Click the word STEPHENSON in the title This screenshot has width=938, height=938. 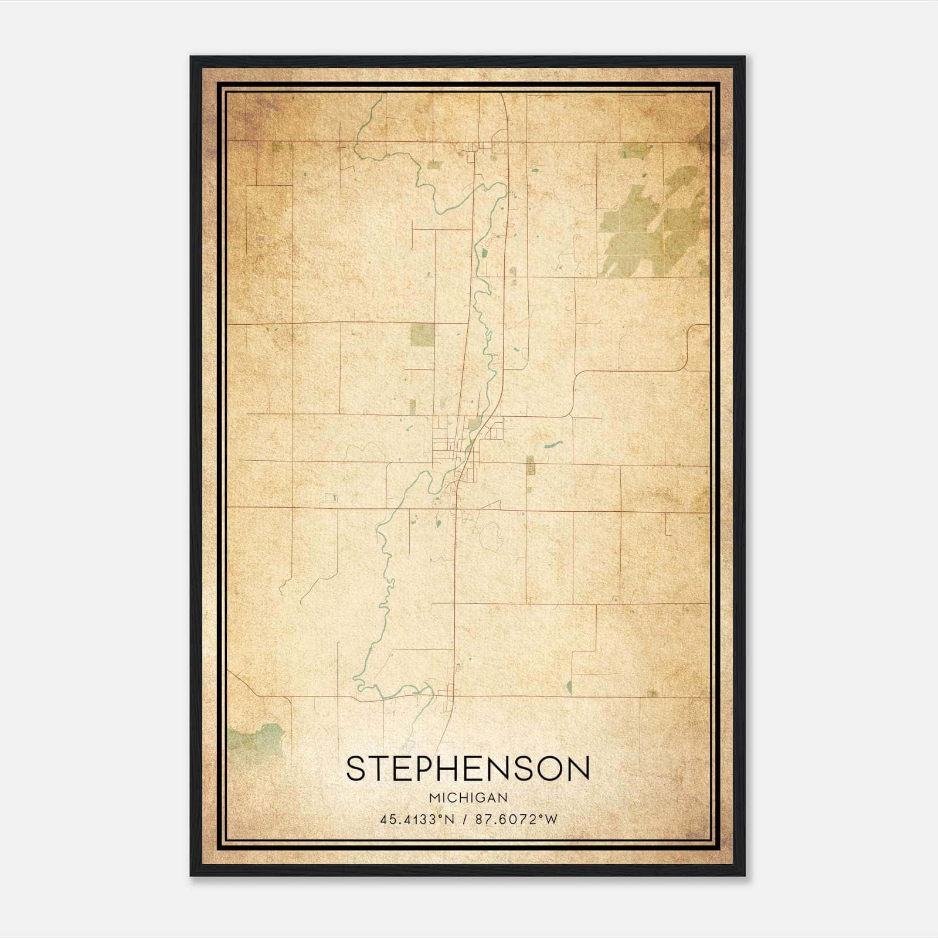pyautogui.click(x=468, y=769)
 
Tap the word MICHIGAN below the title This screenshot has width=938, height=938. pyautogui.click(x=468, y=798)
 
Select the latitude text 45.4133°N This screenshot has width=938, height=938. pyautogui.click(x=417, y=820)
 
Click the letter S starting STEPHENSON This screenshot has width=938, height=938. pyautogui.click(x=357, y=769)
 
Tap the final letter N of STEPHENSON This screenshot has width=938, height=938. pyautogui.click(x=578, y=769)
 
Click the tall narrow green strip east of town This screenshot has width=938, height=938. pyautogui.click(x=530, y=466)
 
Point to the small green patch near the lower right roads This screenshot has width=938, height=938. pyautogui.click(x=569, y=687)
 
